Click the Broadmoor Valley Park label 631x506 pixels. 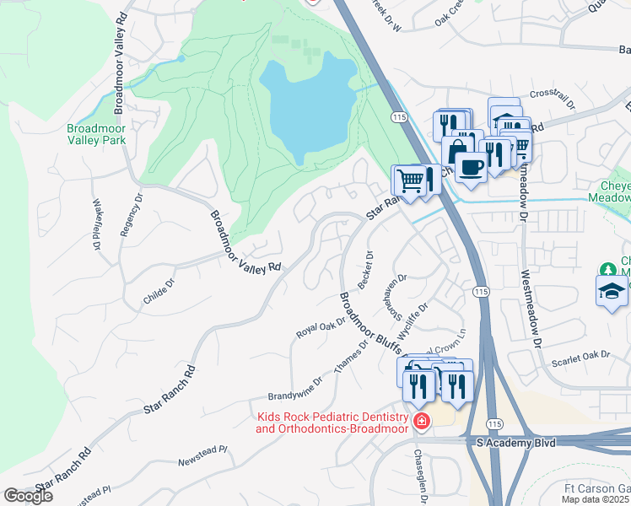pos(96,134)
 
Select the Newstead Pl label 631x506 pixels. pos(202,456)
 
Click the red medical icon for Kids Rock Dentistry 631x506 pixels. pos(420,421)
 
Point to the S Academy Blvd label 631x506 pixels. pos(515,443)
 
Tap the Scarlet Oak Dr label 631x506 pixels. pos(580,358)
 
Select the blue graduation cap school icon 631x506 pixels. pos(612,292)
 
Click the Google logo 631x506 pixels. pos(28,496)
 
